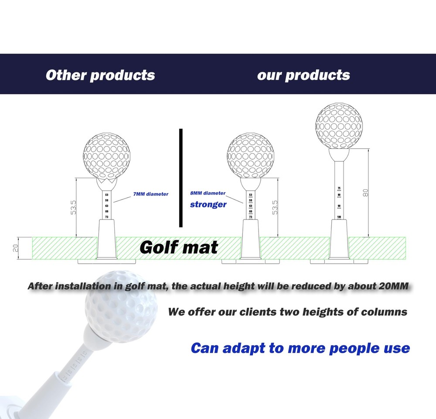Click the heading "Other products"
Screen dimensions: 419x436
click(x=100, y=75)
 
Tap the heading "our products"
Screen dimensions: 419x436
click(x=303, y=75)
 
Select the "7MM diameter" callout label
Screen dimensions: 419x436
click(x=151, y=194)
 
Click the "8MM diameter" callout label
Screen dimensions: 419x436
click(x=208, y=193)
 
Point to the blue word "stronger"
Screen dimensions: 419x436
click(x=208, y=204)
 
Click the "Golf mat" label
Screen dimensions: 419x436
click(x=179, y=247)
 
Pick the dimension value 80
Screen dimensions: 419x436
click(x=365, y=192)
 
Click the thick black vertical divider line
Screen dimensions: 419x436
click(x=180, y=178)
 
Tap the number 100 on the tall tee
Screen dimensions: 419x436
click(x=339, y=216)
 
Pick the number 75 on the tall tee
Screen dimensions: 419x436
click(x=339, y=189)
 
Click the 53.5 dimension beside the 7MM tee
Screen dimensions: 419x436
click(x=74, y=207)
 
